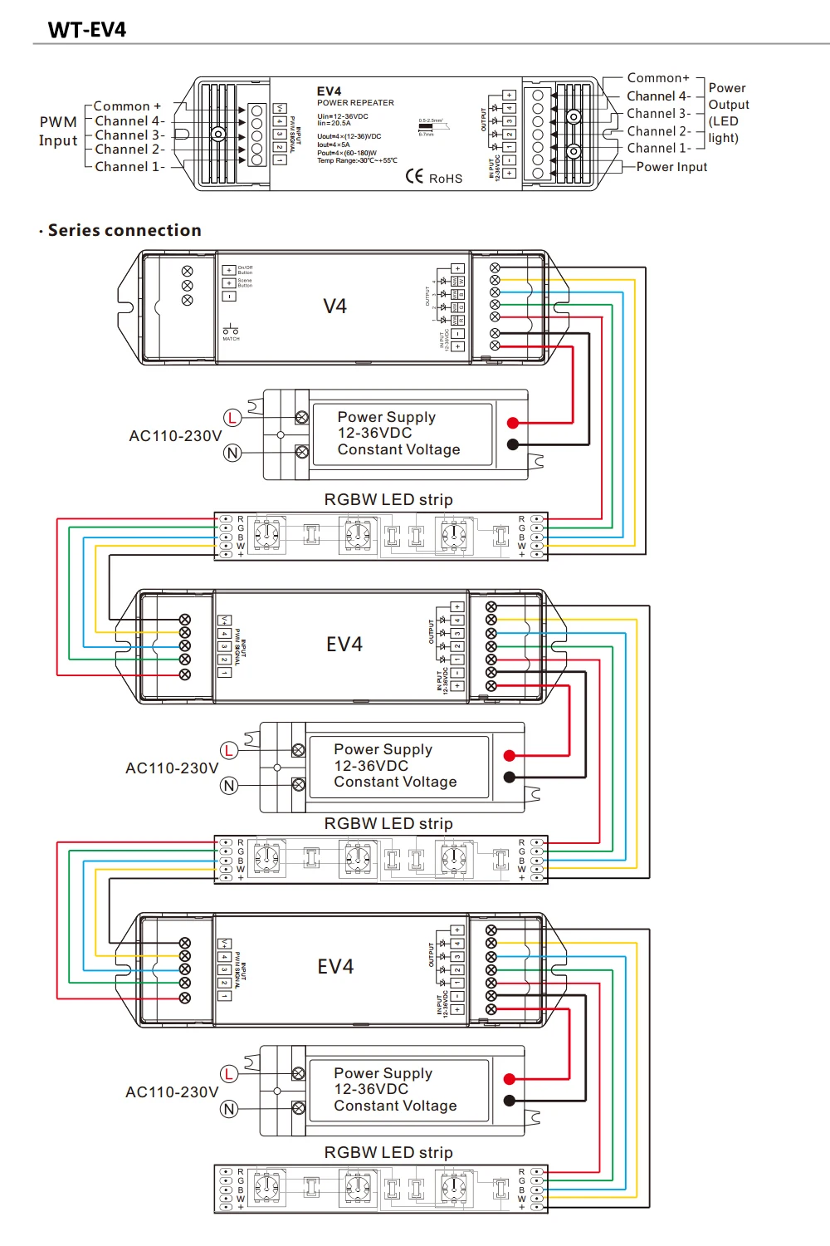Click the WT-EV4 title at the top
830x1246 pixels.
(x=87, y=30)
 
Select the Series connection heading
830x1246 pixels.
(x=124, y=230)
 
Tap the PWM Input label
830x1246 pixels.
(x=58, y=131)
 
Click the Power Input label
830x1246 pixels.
(x=671, y=167)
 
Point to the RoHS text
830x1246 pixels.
(x=446, y=179)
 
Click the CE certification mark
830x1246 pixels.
(x=415, y=176)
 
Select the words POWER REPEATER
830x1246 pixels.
(x=355, y=103)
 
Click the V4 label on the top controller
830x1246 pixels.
(x=334, y=307)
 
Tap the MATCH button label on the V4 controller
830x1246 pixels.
(x=231, y=338)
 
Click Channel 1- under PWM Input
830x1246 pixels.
(x=129, y=166)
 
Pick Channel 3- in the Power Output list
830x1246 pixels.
(x=658, y=114)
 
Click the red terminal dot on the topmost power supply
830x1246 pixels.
(x=513, y=423)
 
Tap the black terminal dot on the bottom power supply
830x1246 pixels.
(x=510, y=1101)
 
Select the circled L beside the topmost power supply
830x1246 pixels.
(x=232, y=418)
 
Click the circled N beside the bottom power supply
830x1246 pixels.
(x=229, y=1109)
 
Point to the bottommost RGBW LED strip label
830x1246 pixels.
(x=388, y=1152)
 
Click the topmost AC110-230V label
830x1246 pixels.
(x=175, y=436)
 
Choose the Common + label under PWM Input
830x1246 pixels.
(x=127, y=106)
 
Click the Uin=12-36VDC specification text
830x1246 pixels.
(x=343, y=116)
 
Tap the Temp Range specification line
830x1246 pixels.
(x=357, y=160)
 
